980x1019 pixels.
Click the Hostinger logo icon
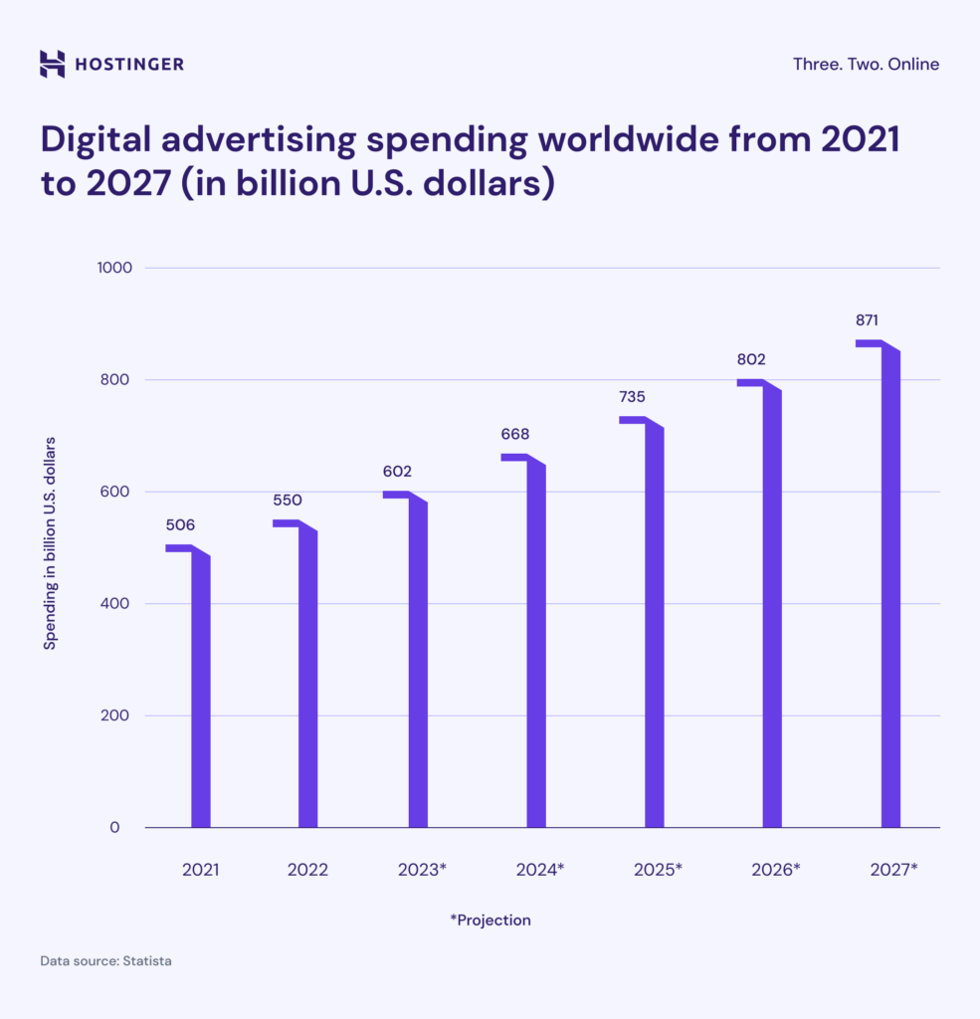tap(52, 64)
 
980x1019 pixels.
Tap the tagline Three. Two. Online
tap(866, 64)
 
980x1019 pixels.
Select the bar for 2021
tap(200, 687)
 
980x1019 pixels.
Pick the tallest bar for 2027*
tap(889, 587)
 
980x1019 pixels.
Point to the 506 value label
tap(180, 524)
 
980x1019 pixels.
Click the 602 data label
tap(397, 471)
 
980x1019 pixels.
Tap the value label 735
tap(632, 396)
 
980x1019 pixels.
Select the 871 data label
tap(867, 320)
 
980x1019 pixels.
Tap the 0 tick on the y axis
tap(114, 827)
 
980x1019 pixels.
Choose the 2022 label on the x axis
tap(307, 869)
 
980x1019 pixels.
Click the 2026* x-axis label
tap(776, 869)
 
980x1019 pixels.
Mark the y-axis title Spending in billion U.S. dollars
tap(49, 542)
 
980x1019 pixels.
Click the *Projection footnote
tap(490, 919)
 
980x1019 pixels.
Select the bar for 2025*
tap(653, 627)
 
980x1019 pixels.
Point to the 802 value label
tap(751, 359)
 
